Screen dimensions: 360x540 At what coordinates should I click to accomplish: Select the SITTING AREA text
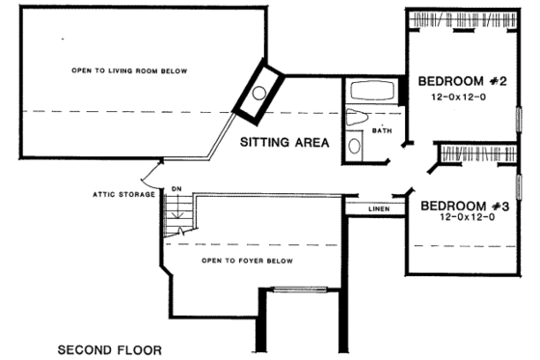[x=284, y=143]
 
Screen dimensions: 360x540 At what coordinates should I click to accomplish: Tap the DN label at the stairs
[x=175, y=189]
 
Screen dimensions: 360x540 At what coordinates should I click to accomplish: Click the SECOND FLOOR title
[x=109, y=348]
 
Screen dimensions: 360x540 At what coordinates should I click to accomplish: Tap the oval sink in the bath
[x=354, y=146]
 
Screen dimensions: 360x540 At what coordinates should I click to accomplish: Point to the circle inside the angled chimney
[x=258, y=94]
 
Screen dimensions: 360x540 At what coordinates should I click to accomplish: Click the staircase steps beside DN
[x=176, y=217]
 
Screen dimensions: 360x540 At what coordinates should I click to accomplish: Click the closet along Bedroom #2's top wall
[x=459, y=19]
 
